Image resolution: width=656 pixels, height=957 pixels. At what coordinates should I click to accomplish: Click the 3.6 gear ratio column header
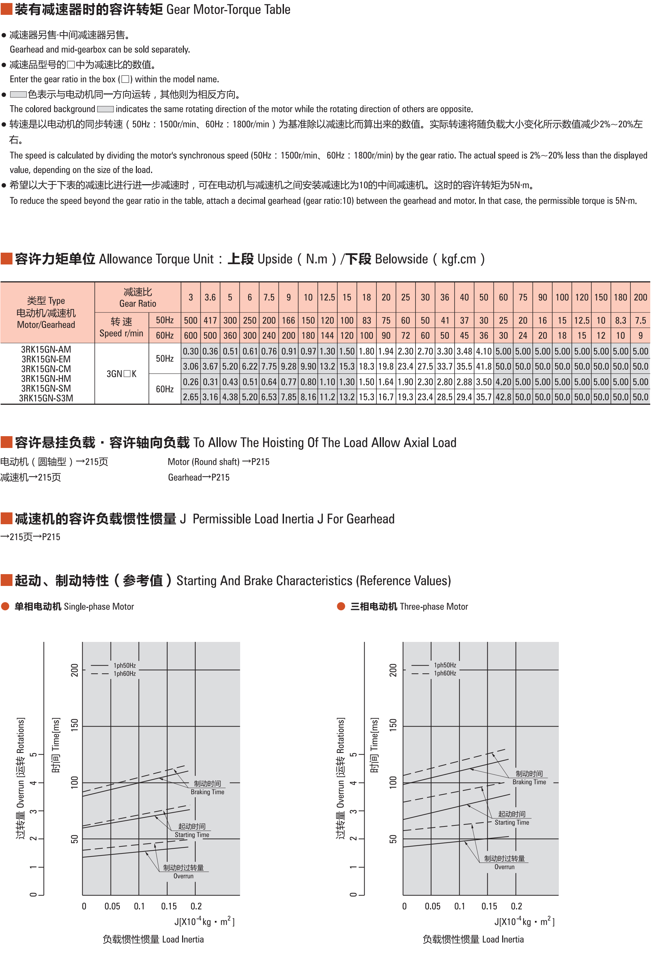click(x=210, y=297)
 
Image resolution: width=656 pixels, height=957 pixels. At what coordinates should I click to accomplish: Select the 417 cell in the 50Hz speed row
click(x=210, y=320)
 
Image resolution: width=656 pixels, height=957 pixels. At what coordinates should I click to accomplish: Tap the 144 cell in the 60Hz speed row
click(x=327, y=336)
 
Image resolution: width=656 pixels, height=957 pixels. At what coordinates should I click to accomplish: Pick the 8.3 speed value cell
click(x=621, y=320)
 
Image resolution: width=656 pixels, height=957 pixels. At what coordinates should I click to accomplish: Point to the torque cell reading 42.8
click(x=503, y=397)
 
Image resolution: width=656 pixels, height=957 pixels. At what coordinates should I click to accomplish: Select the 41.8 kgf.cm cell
click(x=484, y=366)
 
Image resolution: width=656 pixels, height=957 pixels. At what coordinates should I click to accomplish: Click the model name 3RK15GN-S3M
click(x=46, y=398)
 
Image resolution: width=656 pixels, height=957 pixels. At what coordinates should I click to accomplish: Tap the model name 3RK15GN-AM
click(x=46, y=349)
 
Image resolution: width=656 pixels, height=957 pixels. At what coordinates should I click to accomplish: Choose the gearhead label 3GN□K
click(x=121, y=374)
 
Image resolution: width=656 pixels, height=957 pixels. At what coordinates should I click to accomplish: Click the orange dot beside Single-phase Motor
click(x=5, y=606)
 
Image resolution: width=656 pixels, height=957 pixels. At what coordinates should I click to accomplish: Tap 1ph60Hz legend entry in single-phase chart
click(x=124, y=674)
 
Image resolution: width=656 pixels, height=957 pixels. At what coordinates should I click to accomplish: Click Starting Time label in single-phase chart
click(x=192, y=835)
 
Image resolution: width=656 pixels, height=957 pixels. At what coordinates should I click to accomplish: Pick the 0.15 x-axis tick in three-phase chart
click(x=489, y=906)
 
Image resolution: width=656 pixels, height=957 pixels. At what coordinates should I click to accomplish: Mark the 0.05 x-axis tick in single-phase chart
click(x=112, y=906)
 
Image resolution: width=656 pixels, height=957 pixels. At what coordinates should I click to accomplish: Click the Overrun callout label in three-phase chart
click(x=505, y=867)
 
